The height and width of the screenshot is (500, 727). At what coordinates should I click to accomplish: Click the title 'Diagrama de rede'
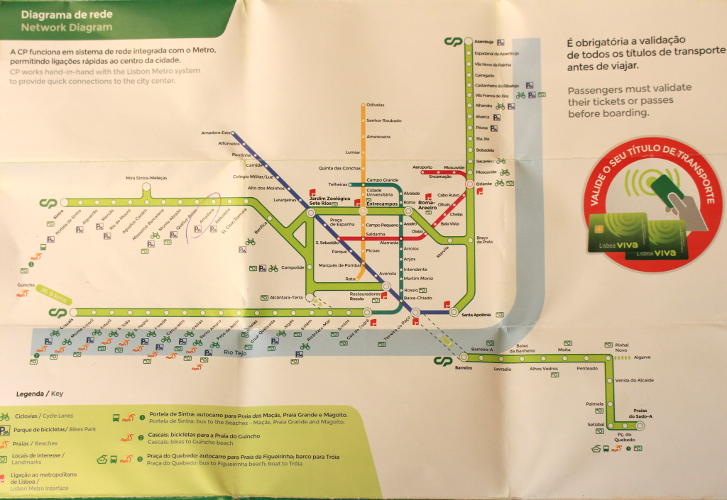coord(55,14)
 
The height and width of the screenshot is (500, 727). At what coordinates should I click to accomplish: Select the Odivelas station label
coord(375,105)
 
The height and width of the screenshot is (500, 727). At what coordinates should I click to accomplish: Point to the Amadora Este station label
coord(217,133)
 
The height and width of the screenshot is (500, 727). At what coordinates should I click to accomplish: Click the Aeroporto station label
coord(422,167)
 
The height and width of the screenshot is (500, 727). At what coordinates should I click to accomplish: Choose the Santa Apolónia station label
coord(477,314)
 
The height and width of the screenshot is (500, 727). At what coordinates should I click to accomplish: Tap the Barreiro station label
coord(463,367)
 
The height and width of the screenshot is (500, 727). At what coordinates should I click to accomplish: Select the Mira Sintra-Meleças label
coord(146,177)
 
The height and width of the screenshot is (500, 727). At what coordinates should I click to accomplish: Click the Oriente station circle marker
coord(469,184)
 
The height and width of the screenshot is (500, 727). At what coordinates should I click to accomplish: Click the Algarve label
coord(643,357)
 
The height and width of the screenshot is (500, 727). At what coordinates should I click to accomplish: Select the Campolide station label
coord(293,267)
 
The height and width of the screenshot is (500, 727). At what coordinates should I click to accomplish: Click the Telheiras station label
coord(337,184)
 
